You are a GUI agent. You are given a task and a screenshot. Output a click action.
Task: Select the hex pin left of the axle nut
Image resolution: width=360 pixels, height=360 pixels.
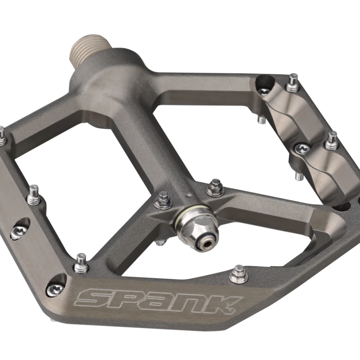click(x=163, y=200)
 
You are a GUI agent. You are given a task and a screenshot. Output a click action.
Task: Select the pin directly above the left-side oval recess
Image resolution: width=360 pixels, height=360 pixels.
click(x=34, y=195)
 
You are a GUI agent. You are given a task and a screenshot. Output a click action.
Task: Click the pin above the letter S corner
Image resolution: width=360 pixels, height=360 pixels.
click(x=80, y=264)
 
